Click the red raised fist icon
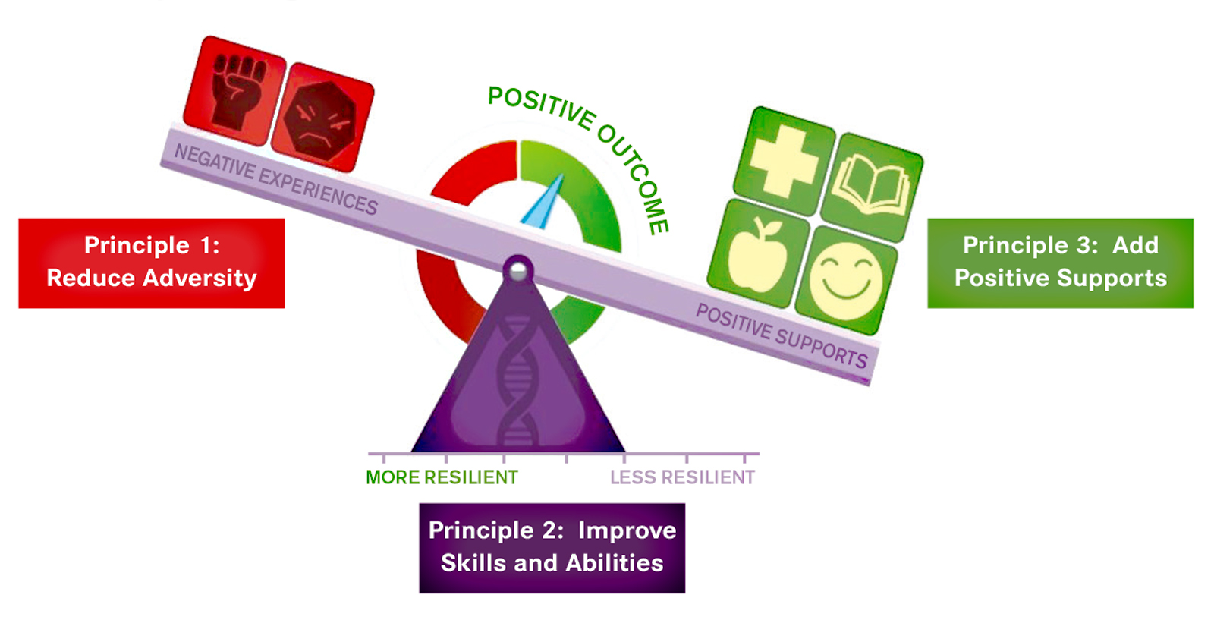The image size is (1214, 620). [234, 90]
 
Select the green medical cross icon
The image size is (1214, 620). [784, 161]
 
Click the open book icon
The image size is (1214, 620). [872, 187]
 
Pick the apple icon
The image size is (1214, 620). [758, 253]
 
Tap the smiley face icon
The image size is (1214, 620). [846, 281]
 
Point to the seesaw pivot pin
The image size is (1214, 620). [518, 270]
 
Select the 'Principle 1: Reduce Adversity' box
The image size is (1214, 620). [151, 263]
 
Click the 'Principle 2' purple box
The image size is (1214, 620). [552, 548]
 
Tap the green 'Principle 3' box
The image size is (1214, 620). [1060, 263]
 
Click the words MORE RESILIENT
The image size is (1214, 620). [442, 477]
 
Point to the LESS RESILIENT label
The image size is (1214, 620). [682, 477]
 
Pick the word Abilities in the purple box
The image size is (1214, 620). [615, 563]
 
